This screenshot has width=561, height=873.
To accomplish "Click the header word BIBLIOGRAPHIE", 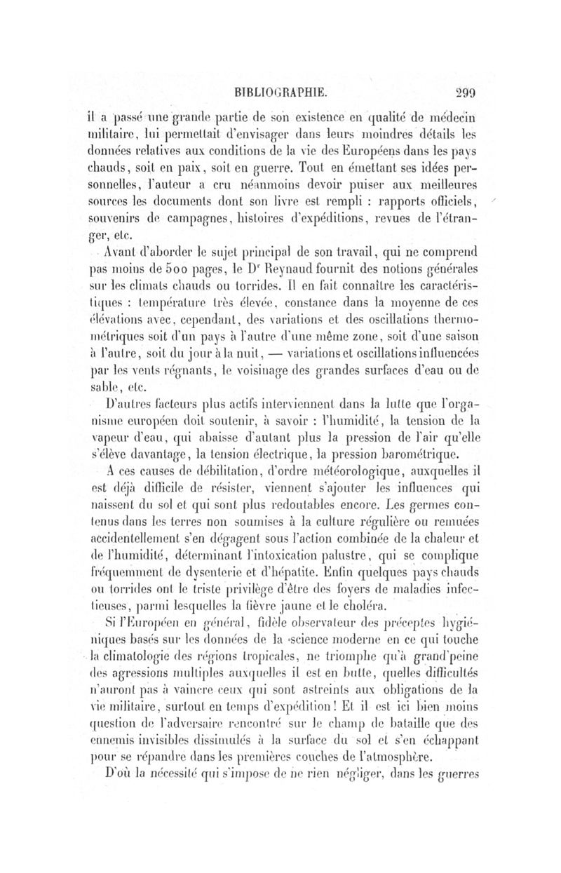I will [279, 90].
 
